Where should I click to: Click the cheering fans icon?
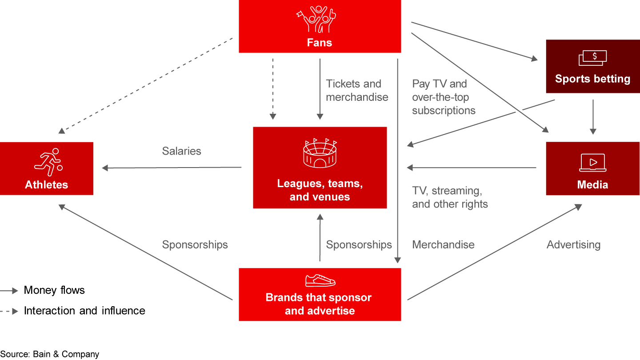tap(316, 19)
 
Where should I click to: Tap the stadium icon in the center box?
tap(320, 154)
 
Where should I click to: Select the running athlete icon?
tap(48, 162)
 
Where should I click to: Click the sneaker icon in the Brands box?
tap(320, 280)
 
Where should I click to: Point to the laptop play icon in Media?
tap(592, 163)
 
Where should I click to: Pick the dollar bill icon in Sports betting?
tap(592, 58)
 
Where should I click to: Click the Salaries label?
tap(181, 151)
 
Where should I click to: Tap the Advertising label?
tap(573, 244)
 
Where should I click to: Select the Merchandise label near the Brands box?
tap(443, 244)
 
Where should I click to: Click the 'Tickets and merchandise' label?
tap(357, 90)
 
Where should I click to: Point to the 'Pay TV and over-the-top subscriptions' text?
tap(443, 97)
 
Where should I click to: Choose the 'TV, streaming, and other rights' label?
tap(449, 197)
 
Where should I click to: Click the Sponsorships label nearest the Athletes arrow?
tap(195, 244)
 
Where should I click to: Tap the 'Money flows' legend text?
tap(54, 290)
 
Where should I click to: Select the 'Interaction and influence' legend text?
tap(84, 310)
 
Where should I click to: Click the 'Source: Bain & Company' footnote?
tap(50, 354)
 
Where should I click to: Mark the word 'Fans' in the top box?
tap(320, 43)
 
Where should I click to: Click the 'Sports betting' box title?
tap(592, 79)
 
